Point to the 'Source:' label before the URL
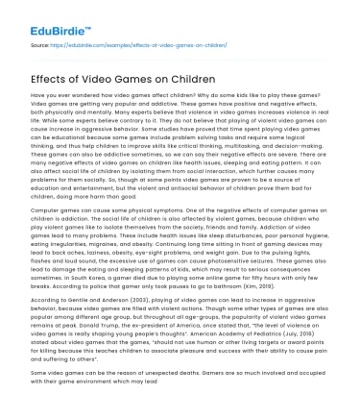coord(41,44)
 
